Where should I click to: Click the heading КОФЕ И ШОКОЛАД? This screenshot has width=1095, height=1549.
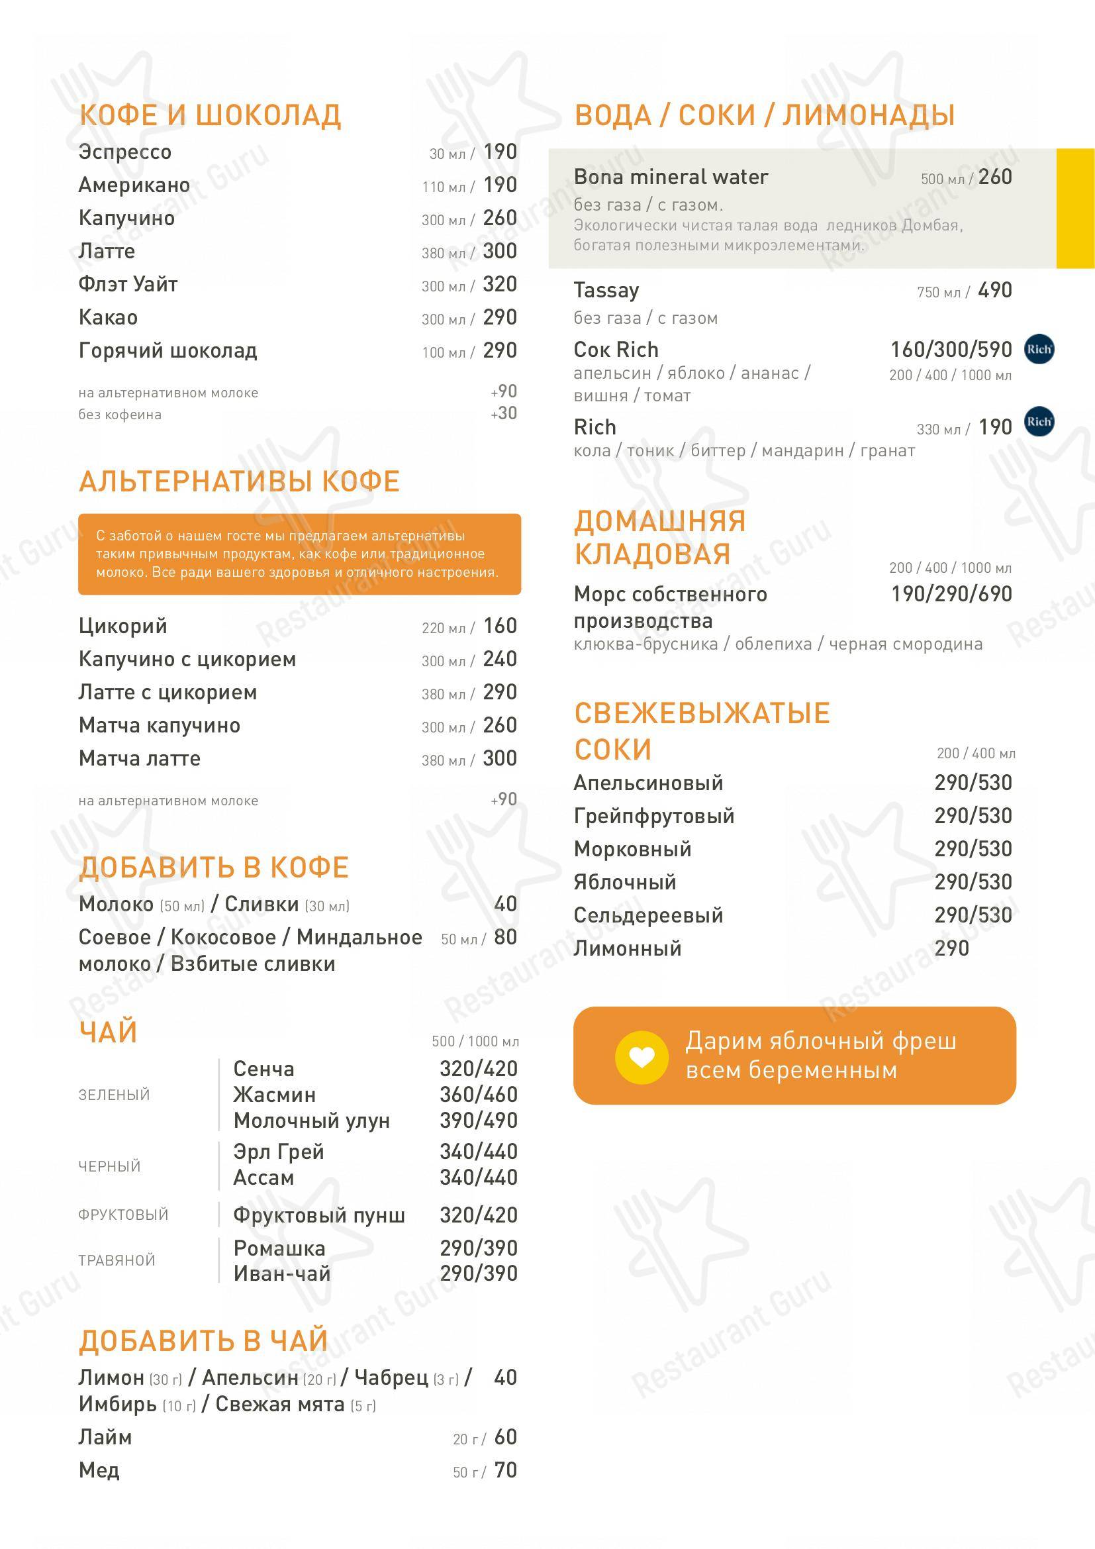click(x=210, y=115)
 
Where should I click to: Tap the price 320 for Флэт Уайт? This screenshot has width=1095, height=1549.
click(x=500, y=284)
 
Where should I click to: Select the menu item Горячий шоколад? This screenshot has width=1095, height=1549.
click(x=168, y=351)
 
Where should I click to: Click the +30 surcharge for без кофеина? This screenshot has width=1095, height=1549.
click(x=504, y=413)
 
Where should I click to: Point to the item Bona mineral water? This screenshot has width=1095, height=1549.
click(x=671, y=177)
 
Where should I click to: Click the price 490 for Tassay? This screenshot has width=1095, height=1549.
click(x=994, y=290)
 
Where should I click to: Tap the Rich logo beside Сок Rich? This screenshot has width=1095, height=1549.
click(x=1038, y=350)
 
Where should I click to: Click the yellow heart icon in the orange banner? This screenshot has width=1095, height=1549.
click(x=642, y=1057)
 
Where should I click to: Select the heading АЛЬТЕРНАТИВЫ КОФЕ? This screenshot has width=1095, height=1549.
click(x=240, y=481)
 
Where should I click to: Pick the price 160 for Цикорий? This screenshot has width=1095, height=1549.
click(x=500, y=626)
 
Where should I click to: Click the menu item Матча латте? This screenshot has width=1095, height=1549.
click(x=140, y=758)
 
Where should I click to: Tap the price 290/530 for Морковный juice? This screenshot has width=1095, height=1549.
click(x=973, y=849)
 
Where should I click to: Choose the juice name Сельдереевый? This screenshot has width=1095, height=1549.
click(x=648, y=915)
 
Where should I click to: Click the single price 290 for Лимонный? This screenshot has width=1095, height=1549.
click(x=951, y=948)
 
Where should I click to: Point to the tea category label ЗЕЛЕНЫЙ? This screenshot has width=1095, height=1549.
click(x=114, y=1094)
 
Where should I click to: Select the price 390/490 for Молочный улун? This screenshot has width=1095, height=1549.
click(x=479, y=1121)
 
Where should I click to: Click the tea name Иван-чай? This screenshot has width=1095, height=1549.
click(x=282, y=1274)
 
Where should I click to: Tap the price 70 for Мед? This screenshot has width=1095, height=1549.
click(x=505, y=1470)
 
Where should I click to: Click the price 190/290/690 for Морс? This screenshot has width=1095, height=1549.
click(x=951, y=594)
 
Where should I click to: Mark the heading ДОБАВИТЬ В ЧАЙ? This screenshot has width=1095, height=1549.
click(x=203, y=1341)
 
